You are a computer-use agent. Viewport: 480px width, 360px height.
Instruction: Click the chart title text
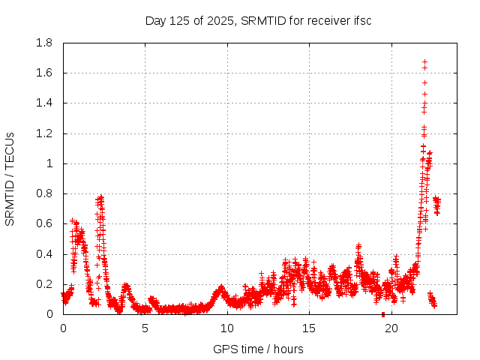(258, 20)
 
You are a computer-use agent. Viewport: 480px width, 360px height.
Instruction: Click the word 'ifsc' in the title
(361, 20)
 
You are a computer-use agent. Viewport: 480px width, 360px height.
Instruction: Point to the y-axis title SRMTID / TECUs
(10, 179)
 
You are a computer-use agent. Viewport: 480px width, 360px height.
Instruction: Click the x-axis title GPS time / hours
(258, 349)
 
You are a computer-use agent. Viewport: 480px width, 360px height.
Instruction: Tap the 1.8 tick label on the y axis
(43, 43)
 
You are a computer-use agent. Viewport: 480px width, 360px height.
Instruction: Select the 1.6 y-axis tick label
(43, 73)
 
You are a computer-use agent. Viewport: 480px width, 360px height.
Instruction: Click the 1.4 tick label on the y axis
(43, 103)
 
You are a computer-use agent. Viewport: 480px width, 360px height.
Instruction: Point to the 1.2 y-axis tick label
(43, 133)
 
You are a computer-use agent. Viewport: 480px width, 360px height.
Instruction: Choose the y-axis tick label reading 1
(49, 163)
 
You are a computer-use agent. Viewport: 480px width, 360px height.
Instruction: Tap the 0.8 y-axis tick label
(43, 193)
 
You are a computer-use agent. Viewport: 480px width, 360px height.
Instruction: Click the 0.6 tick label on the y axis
(43, 223)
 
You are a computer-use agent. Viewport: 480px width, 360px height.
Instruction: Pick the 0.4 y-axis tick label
(43, 254)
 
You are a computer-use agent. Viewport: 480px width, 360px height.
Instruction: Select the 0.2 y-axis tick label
(43, 284)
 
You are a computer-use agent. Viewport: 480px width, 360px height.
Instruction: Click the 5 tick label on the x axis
(145, 328)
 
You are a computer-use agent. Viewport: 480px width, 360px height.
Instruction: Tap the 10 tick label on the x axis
(227, 328)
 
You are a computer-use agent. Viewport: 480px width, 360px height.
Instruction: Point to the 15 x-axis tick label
(309, 328)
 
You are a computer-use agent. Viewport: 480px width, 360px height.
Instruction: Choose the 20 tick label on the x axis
(391, 328)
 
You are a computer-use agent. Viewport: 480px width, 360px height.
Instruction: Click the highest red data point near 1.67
(424, 62)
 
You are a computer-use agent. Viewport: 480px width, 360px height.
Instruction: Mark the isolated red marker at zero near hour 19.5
(383, 314)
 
